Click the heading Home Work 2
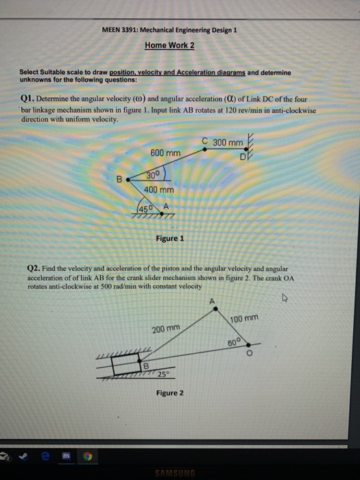click(x=169, y=45)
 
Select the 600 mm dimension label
click(x=165, y=153)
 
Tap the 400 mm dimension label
click(x=159, y=189)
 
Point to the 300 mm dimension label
click(x=228, y=143)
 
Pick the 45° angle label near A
click(x=146, y=208)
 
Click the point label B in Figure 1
click(x=118, y=181)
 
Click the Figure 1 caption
click(x=169, y=239)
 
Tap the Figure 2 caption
click(x=169, y=393)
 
